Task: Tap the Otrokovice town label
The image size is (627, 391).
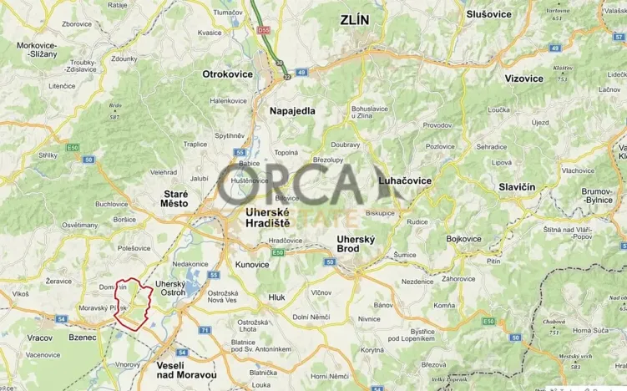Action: click(228, 74)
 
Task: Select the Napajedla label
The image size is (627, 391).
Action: click(291, 110)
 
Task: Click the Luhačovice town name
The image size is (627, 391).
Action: click(406, 180)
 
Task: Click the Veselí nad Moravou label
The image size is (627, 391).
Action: click(186, 374)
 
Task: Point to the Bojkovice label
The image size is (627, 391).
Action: click(464, 239)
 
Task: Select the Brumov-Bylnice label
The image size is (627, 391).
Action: click(605, 196)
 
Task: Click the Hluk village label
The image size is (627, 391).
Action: click(276, 297)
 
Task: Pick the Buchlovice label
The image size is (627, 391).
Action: click(111, 204)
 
